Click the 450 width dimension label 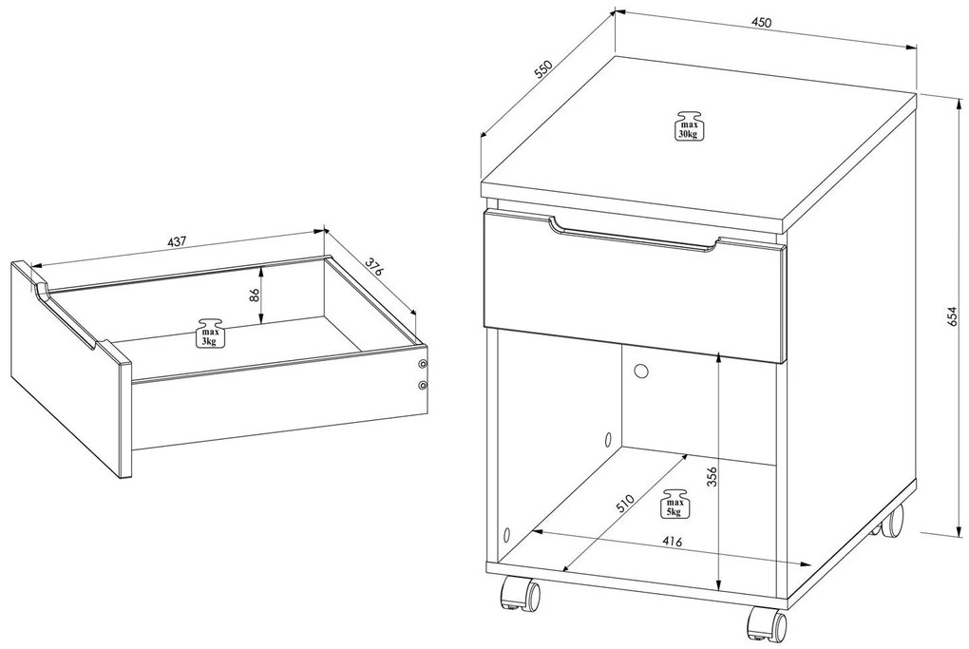(761, 22)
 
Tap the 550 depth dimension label (543, 70)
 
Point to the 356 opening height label (712, 477)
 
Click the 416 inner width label (672, 542)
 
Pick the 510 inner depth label (625, 504)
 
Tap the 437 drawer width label (177, 242)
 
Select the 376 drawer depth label (372, 267)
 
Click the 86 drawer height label (254, 295)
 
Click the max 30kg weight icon (689, 126)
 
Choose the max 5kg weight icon (674, 504)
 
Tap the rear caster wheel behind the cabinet (890, 522)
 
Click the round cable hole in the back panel (639, 371)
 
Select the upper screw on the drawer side (422, 363)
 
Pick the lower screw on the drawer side (422, 386)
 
